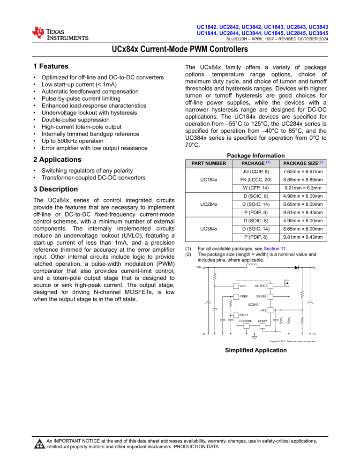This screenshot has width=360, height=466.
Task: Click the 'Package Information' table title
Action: click(255, 155)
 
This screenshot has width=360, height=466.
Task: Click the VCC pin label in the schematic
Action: click(242, 286)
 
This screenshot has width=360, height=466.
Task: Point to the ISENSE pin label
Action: click(261, 296)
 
